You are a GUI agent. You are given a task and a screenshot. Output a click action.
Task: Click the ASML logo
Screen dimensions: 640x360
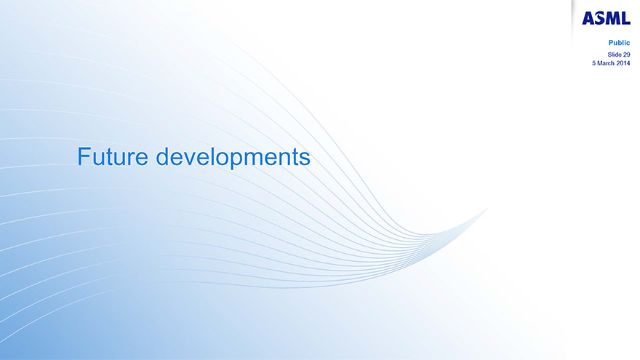click(x=606, y=18)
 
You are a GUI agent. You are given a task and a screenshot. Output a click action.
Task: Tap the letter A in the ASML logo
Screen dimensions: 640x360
click(x=588, y=18)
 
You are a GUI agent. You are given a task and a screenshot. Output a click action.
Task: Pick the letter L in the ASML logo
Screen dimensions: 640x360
click(x=626, y=18)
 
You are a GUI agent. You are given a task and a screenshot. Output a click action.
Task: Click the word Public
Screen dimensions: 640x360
click(x=619, y=43)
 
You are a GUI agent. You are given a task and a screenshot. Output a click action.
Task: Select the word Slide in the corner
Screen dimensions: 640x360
click(x=615, y=55)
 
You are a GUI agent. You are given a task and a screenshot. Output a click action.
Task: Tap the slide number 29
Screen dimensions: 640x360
click(x=626, y=55)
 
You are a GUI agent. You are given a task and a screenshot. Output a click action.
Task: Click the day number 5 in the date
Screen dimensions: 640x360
click(x=594, y=63)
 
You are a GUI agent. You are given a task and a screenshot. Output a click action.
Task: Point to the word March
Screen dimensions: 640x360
click(x=606, y=63)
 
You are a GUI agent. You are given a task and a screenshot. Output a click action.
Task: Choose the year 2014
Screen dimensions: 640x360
click(x=623, y=63)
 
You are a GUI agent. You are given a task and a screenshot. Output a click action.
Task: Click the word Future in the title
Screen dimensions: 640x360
click(x=113, y=157)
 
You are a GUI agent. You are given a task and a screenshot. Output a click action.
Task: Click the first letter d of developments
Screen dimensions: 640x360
click(x=162, y=157)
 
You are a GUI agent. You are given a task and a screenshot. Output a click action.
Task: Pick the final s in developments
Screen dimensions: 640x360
click(x=305, y=159)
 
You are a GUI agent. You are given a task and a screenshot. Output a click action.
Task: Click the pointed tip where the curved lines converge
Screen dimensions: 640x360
click(x=488, y=208)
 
